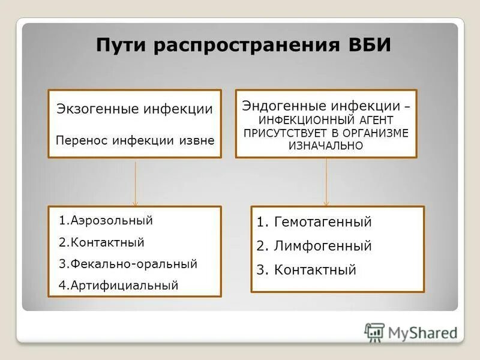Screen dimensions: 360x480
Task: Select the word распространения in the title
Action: point(241,46)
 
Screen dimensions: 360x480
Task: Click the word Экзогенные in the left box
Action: point(97,109)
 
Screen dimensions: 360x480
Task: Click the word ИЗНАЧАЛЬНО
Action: point(326,145)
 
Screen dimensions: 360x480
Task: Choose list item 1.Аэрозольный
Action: point(106,220)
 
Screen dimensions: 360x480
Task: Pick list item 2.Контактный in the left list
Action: point(102,242)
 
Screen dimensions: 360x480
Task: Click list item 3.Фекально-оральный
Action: point(128,264)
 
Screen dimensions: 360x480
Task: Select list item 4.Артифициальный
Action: point(119,286)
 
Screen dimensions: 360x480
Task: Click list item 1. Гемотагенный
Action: point(314,222)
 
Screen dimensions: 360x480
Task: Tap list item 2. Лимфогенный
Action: point(314,246)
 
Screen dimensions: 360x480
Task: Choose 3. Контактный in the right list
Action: point(306,270)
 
